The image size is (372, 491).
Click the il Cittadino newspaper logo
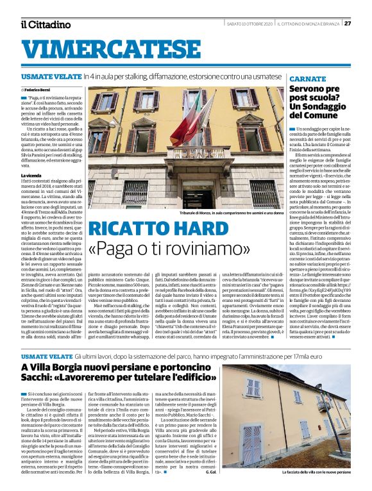pyautogui.click(x=45, y=24)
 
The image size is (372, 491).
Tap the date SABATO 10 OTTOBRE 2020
pyautogui.click(x=249, y=24)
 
